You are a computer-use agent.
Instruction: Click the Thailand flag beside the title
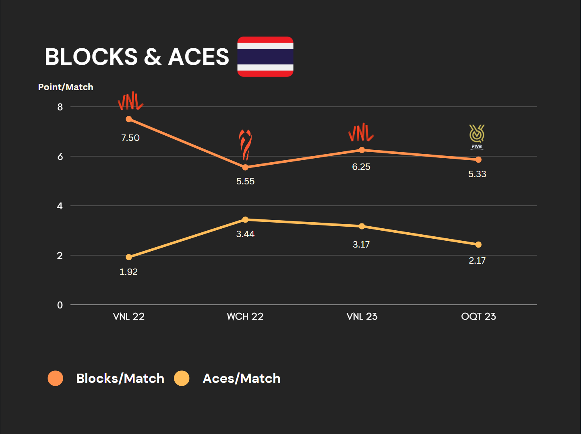265,56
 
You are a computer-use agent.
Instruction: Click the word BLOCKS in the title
91,57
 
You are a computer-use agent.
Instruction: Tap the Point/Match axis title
66,87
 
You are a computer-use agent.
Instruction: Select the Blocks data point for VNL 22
129,119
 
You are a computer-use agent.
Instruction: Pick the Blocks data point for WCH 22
245,167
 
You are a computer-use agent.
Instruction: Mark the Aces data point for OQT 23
478,245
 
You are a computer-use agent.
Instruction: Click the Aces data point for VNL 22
129,257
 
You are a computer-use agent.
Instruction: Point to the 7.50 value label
130,138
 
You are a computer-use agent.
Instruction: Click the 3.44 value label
245,234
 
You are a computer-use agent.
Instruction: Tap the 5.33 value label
477,174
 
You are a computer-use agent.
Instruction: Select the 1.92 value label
128,272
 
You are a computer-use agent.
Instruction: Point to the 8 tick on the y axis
60,107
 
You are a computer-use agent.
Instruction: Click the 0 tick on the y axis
60,305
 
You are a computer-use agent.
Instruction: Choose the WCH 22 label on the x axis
245,316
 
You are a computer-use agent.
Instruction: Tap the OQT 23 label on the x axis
478,316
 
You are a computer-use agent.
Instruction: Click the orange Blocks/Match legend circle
56,378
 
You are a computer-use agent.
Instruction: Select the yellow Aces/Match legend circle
182,378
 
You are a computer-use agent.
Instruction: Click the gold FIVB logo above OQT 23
477,136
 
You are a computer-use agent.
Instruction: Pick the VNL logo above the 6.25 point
361,133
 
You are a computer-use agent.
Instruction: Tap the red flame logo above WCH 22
245,144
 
